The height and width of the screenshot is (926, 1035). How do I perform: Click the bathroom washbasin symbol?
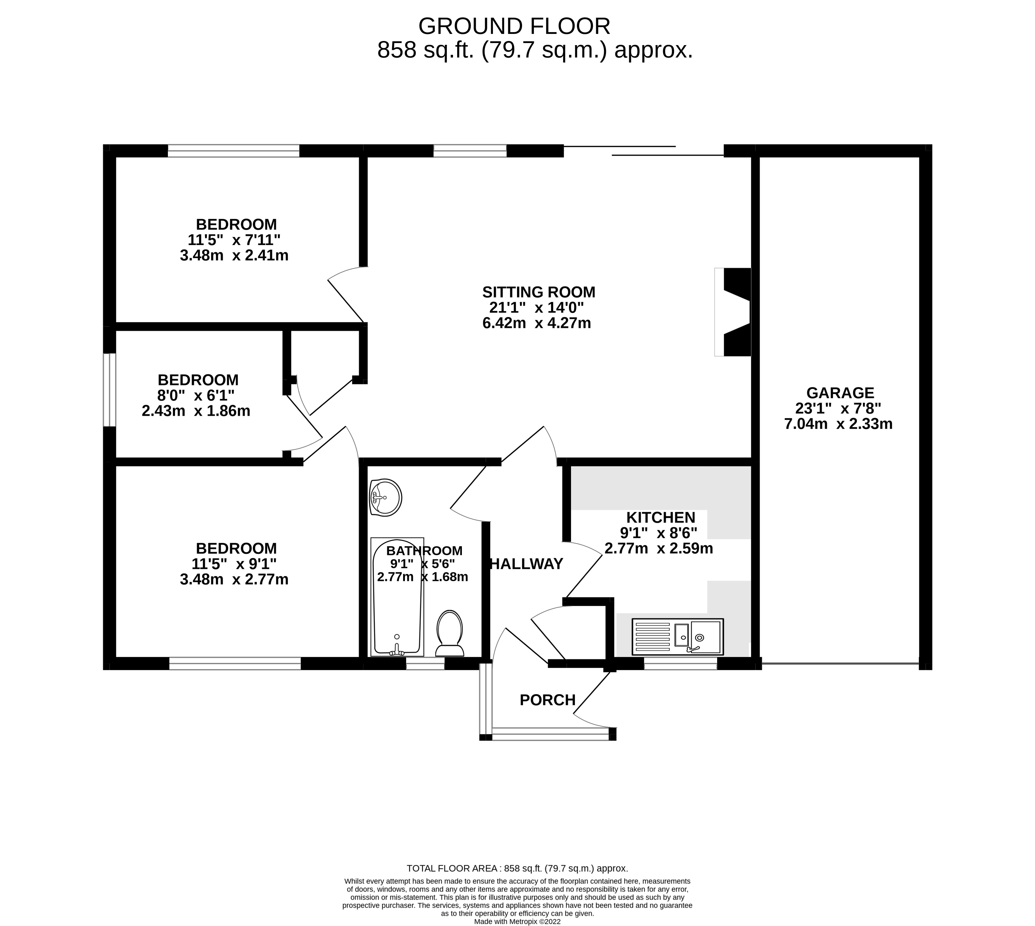(x=385, y=497)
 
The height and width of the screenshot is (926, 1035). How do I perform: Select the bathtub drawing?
(x=398, y=596)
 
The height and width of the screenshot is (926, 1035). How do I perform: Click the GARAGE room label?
(x=840, y=393)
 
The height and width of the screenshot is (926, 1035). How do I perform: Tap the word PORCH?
(x=547, y=700)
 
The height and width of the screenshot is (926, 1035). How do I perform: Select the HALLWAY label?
(x=527, y=564)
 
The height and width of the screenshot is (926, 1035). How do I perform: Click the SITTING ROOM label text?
(x=539, y=292)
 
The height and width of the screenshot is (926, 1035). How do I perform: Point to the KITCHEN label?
(x=660, y=518)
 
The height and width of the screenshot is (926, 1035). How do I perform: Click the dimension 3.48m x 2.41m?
(x=234, y=255)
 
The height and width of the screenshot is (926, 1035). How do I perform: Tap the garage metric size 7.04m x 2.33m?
(x=838, y=424)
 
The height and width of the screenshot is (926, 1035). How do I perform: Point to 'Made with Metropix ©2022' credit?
(x=517, y=921)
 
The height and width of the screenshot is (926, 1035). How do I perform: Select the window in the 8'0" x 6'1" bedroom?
(x=109, y=390)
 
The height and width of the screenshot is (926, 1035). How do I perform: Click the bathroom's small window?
(x=425, y=664)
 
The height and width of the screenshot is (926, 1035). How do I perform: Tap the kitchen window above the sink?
(x=681, y=664)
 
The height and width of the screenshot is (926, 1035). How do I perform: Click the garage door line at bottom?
(x=840, y=664)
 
